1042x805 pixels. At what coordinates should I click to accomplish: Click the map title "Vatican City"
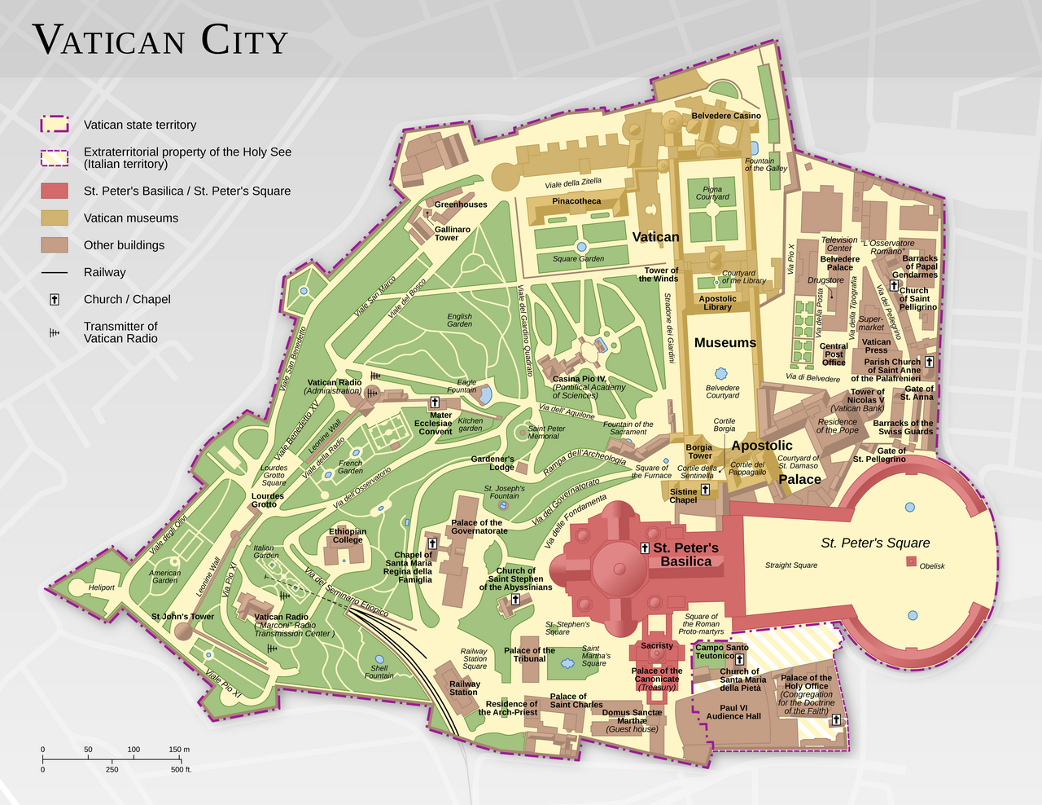(x=160, y=40)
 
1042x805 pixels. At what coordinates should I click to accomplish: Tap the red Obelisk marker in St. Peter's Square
(x=912, y=561)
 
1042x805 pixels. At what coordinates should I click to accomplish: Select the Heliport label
(x=102, y=587)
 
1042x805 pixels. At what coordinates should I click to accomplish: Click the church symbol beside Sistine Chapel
(x=705, y=490)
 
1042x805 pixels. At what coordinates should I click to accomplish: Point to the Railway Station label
(x=464, y=688)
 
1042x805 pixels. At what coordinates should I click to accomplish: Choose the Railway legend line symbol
(x=55, y=272)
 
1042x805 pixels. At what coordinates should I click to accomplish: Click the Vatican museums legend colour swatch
(x=55, y=218)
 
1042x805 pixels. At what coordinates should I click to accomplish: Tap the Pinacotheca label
(x=576, y=201)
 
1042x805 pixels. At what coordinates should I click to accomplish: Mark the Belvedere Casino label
(x=726, y=116)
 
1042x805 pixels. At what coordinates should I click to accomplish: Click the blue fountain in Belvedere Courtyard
(x=722, y=371)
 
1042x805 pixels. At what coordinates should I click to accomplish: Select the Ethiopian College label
(x=348, y=534)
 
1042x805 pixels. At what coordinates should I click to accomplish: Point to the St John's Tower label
(x=182, y=617)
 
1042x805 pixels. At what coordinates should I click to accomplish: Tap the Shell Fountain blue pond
(x=379, y=659)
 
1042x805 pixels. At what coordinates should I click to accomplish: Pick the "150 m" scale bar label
(x=179, y=749)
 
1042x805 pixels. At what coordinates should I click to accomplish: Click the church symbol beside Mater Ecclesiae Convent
(x=435, y=402)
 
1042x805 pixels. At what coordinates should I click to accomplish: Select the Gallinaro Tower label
(x=452, y=233)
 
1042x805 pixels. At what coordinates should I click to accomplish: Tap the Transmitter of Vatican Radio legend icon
(x=55, y=332)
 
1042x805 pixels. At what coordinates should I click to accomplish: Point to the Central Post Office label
(x=834, y=354)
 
